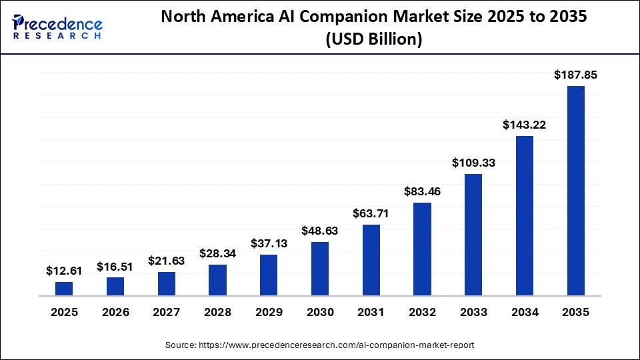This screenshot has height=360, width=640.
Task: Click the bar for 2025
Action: point(64,289)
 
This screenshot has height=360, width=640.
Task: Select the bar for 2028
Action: point(217,280)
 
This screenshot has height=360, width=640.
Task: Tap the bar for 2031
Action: point(371,260)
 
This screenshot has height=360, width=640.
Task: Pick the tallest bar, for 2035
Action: point(576,191)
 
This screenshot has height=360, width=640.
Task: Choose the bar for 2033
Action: point(473,235)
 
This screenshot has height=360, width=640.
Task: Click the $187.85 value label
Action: point(576,75)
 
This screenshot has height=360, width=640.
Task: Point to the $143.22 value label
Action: point(525,125)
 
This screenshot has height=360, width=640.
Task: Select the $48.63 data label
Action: point(320,231)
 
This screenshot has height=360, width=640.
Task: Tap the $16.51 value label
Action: point(115,267)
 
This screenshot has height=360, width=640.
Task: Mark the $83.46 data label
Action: point(422,192)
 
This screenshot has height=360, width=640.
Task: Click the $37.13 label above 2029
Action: point(269,244)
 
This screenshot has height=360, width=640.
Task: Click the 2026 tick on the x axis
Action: point(115,312)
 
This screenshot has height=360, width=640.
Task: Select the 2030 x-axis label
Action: point(320,312)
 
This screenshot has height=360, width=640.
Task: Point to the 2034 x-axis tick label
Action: point(525,312)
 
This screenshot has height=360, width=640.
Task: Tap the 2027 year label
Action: point(167,312)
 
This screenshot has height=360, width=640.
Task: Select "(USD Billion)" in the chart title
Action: point(373,39)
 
